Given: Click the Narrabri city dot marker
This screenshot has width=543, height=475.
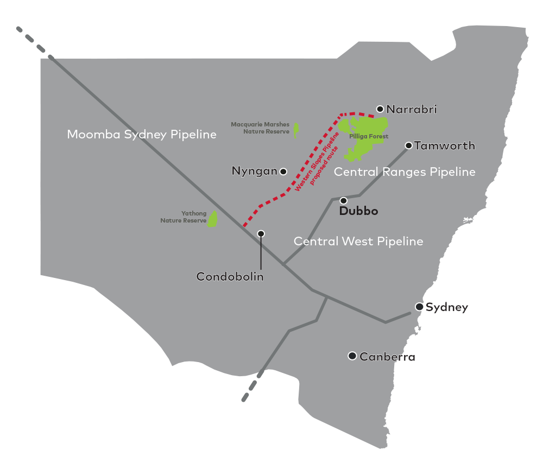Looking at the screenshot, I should [380, 109].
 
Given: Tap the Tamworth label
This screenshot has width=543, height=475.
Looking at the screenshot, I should [444, 145].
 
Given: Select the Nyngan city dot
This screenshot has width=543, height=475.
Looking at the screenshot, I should [283, 172].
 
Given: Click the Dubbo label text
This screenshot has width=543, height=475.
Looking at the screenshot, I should [358, 211].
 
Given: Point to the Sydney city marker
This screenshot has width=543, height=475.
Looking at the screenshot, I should [419, 307].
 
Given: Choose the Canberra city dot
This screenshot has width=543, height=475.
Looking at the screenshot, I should [352, 356].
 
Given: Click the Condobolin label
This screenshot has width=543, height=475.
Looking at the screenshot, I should [230, 277].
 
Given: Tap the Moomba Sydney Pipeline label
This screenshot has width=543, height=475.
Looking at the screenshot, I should [142, 134].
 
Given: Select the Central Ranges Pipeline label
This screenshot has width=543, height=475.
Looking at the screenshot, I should [405, 172].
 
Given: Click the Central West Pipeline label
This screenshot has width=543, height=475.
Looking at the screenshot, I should [358, 241].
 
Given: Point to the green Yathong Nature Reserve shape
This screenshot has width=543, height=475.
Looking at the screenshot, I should [213, 219].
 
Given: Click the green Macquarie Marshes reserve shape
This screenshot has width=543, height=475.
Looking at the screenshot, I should [296, 130].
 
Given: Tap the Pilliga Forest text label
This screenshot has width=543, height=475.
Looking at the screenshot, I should [369, 136].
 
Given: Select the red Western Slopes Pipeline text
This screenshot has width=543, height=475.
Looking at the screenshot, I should [316, 160].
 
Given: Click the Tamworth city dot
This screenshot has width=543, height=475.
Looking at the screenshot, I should [408, 145].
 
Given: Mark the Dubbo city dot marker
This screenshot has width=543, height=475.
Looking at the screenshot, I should [343, 201].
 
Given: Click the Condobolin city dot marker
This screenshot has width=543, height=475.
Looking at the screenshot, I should [261, 233].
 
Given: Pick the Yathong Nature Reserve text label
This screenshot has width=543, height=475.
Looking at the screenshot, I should [184, 217].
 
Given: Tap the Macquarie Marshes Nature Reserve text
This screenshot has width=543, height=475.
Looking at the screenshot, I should [260, 128].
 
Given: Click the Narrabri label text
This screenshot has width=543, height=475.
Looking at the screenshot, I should [411, 110].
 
